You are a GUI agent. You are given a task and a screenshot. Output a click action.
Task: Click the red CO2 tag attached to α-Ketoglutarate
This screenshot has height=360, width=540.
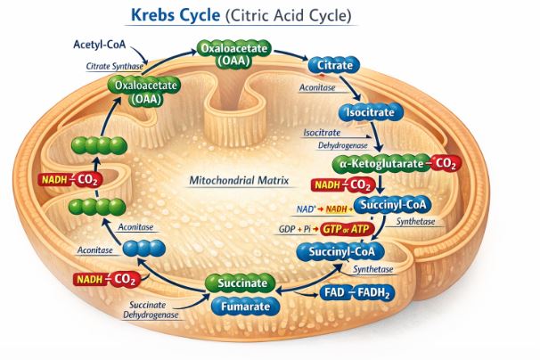point(449,164)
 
